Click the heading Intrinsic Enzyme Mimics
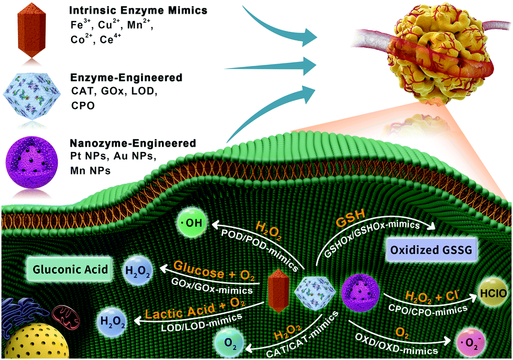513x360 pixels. pyautogui.click(x=138, y=10)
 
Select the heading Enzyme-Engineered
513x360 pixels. pyautogui.click(x=126, y=77)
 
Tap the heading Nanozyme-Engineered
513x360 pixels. pyautogui.click(x=133, y=143)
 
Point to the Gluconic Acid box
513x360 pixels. pyautogui.click(x=71, y=269)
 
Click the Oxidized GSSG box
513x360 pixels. pyautogui.click(x=431, y=250)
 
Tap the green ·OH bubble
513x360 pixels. pyautogui.click(x=193, y=223)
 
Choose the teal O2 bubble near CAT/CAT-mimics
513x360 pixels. pyautogui.click(x=230, y=344)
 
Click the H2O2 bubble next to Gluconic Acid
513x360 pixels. pyautogui.click(x=138, y=272)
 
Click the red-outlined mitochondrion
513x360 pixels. pyautogui.click(x=67, y=316)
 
